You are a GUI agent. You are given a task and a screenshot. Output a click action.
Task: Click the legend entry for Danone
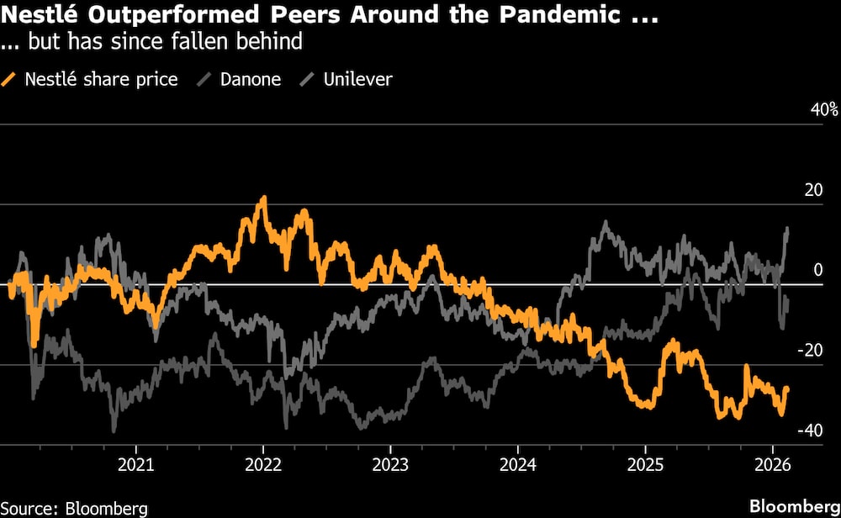point(250,80)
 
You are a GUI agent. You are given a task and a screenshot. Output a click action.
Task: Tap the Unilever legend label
point(357,80)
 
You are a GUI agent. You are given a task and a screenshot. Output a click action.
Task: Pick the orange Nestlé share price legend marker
point(10,80)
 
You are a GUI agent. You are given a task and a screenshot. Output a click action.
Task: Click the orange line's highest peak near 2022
point(263,198)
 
